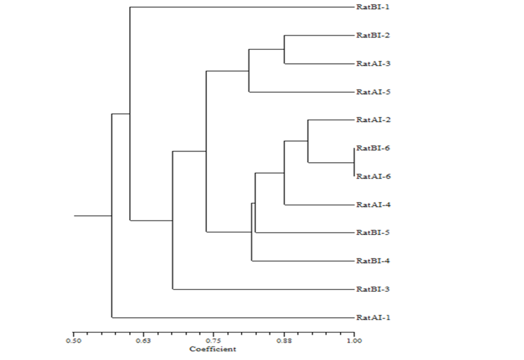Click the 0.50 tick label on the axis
click(73, 340)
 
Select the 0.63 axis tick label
click(144, 340)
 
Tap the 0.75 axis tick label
click(214, 340)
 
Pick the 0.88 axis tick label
click(284, 340)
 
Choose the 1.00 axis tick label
click(354, 340)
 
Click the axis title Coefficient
click(212, 349)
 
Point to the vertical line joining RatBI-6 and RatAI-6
click(354, 162)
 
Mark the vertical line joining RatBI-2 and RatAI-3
click(285, 49)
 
